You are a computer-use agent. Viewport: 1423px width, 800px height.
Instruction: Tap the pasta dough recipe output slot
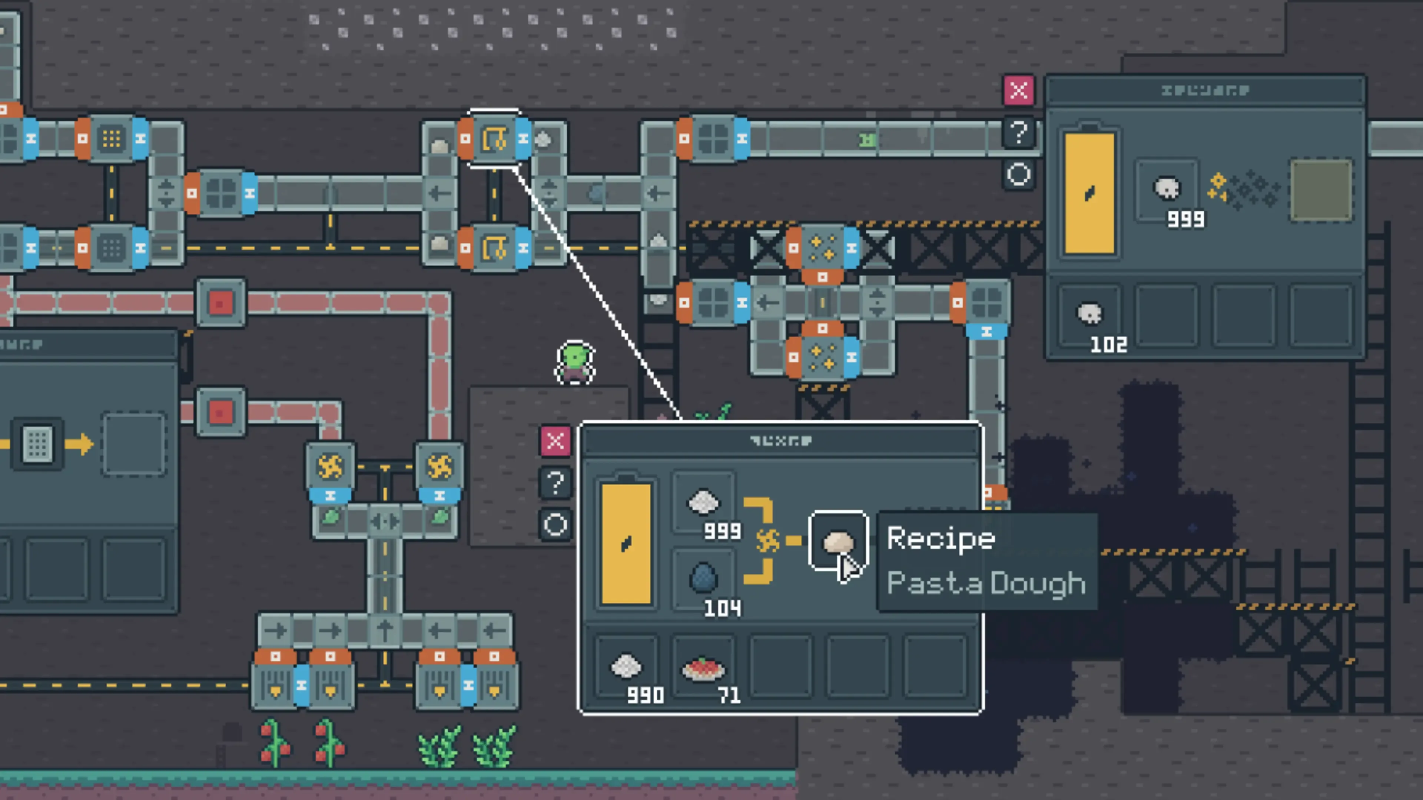(x=837, y=541)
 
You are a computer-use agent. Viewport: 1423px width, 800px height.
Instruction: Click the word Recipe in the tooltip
(x=941, y=538)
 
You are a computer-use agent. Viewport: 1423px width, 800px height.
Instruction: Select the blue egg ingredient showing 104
(x=703, y=577)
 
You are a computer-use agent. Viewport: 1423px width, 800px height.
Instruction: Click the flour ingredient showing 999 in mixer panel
(x=703, y=503)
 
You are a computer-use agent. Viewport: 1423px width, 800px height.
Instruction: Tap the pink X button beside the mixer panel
(x=555, y=441)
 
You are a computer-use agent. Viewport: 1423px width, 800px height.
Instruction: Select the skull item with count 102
(x=1089, y=315)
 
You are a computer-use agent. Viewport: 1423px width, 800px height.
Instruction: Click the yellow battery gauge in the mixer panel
(x=626, y=544)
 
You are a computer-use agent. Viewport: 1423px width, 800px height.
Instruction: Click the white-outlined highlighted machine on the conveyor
(x=494, y=139)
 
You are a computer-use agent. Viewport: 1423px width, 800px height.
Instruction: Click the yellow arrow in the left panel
(x=79, y=443)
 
